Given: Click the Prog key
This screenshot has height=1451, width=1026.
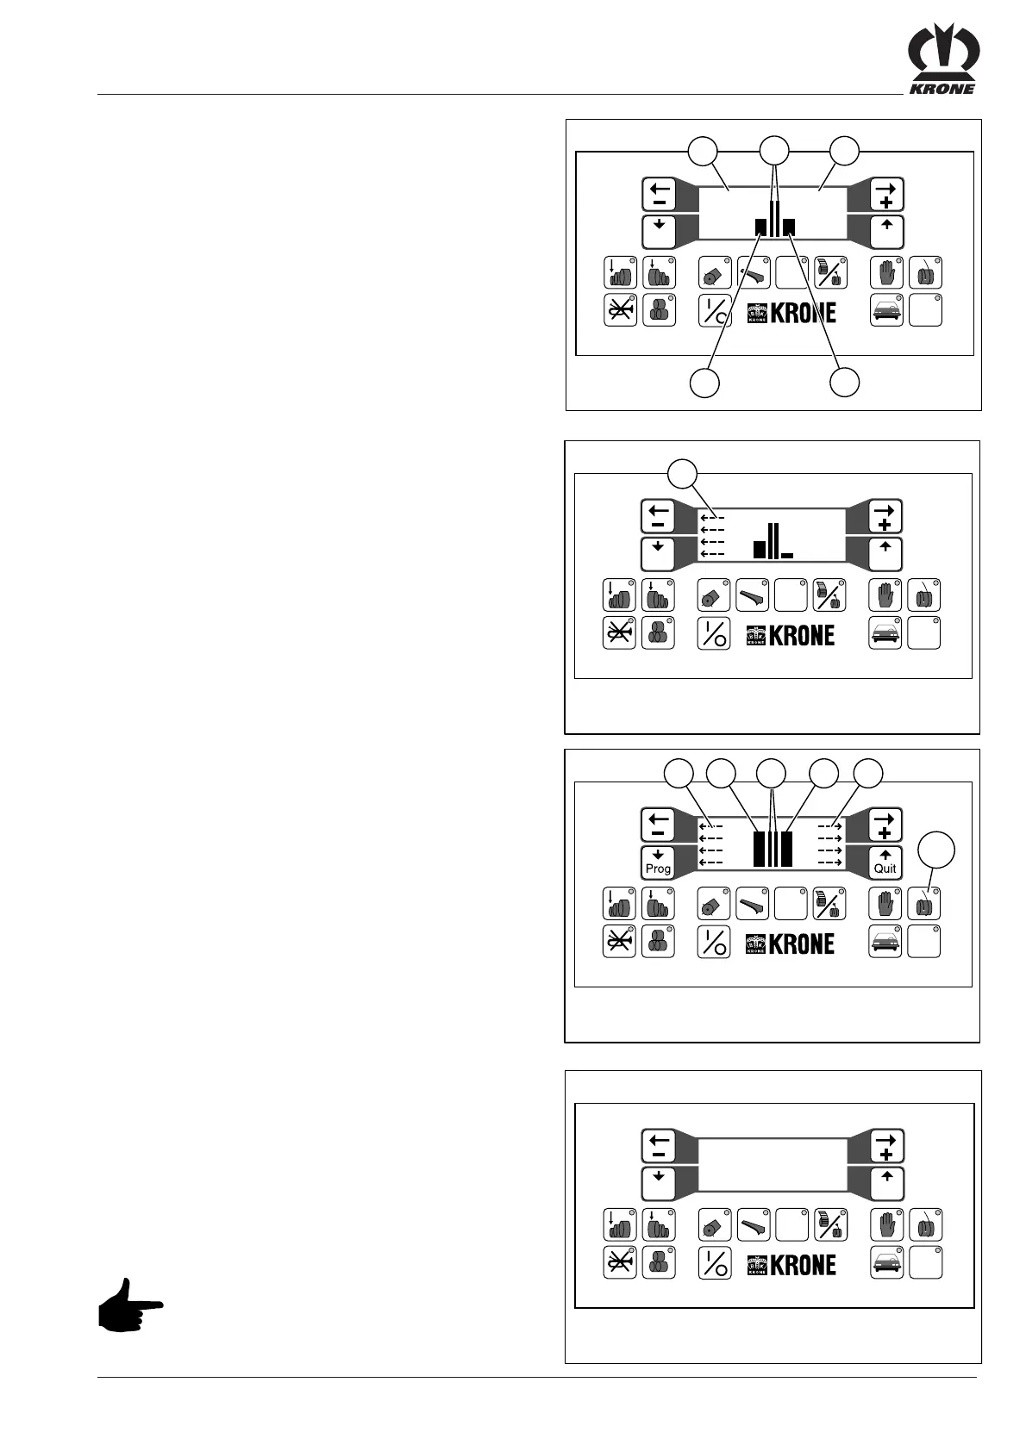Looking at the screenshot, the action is pos(658,861).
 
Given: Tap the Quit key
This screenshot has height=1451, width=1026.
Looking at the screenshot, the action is pos(885,861).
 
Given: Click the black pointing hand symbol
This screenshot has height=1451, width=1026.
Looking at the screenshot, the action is pos(129,1305).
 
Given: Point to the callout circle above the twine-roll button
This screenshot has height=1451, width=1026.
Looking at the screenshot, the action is pos(935,850).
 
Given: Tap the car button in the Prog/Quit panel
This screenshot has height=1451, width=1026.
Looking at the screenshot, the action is pos(885,942).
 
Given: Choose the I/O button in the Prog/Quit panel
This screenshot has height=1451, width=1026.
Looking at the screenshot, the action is pos(713,942).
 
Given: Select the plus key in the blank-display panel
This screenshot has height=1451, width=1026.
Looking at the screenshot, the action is pos(886,1146).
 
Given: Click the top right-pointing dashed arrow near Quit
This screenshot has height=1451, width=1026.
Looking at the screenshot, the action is pos(829,827).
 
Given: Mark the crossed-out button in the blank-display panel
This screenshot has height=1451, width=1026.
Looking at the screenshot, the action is pos(619,1263).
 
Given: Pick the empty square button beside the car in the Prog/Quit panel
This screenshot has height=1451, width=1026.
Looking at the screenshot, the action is pos(924,942).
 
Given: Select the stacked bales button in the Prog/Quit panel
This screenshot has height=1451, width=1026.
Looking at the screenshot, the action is pos(657,942).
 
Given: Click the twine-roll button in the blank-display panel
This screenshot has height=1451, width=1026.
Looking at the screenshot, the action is pos(926,1224).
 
